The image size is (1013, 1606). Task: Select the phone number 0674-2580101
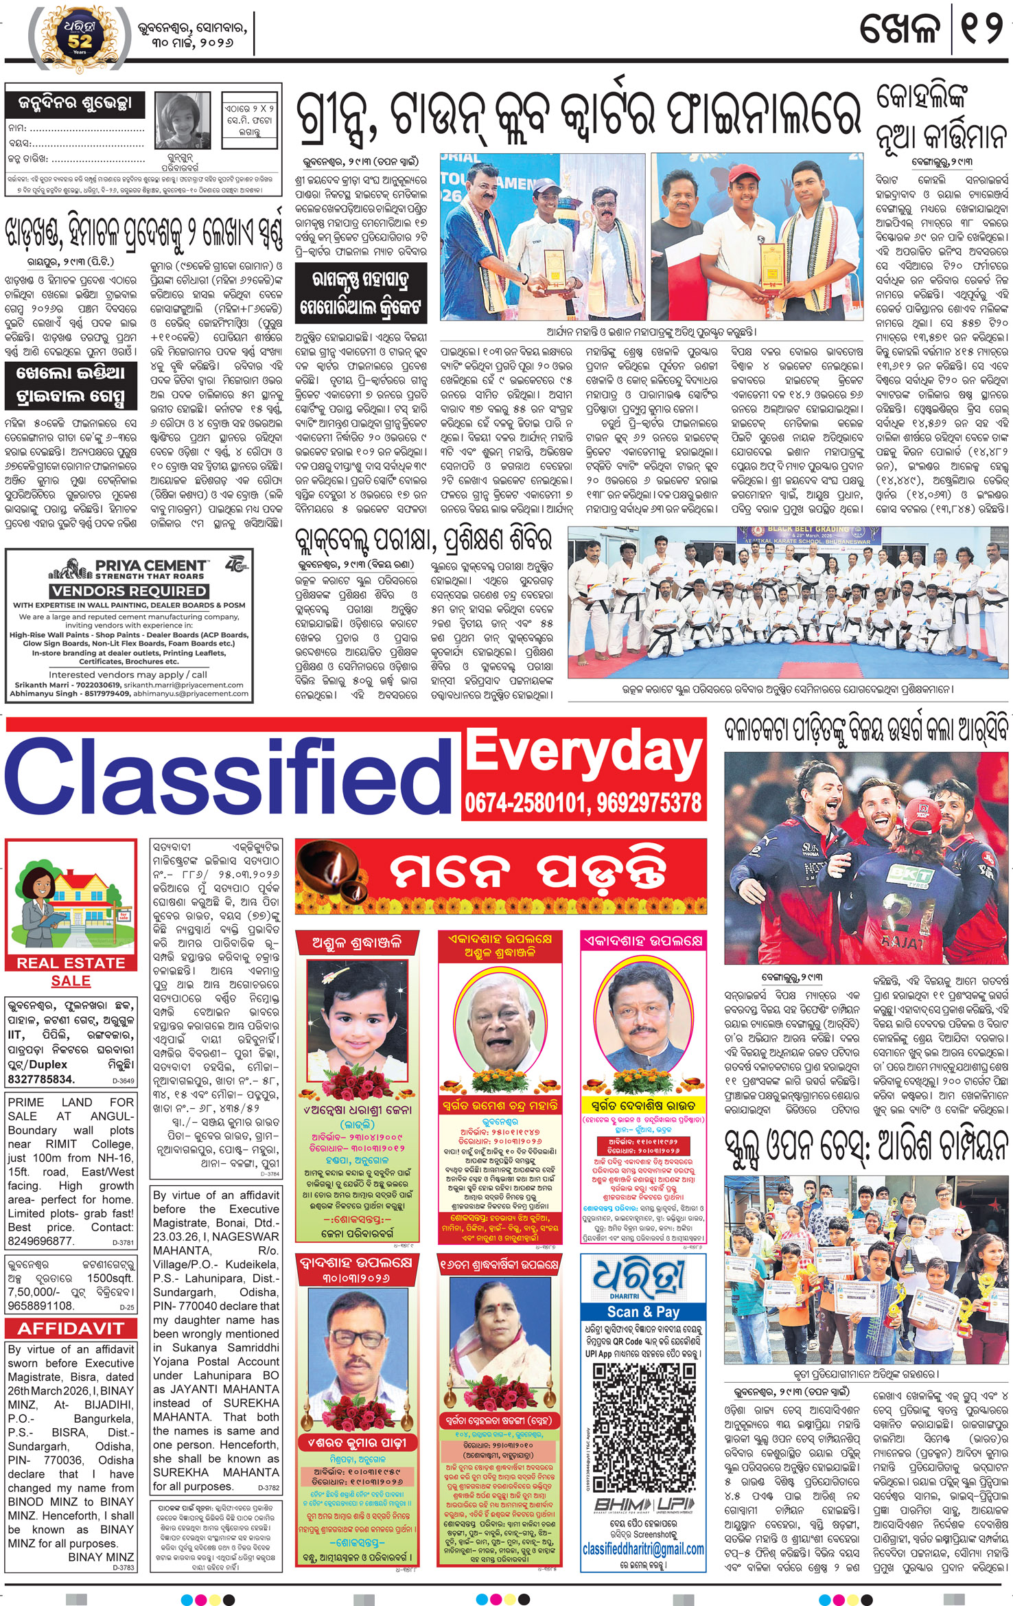pos(524,803)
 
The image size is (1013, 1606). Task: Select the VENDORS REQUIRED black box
pos(128,590)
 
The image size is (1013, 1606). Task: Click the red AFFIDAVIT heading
pos(71,1328)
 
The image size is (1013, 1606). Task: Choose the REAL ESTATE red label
pos(71,963)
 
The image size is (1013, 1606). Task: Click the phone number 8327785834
pos(41,1079)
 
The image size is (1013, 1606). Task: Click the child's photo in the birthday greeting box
pos(183,120)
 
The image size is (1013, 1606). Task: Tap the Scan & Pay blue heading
pos(643,1311)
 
